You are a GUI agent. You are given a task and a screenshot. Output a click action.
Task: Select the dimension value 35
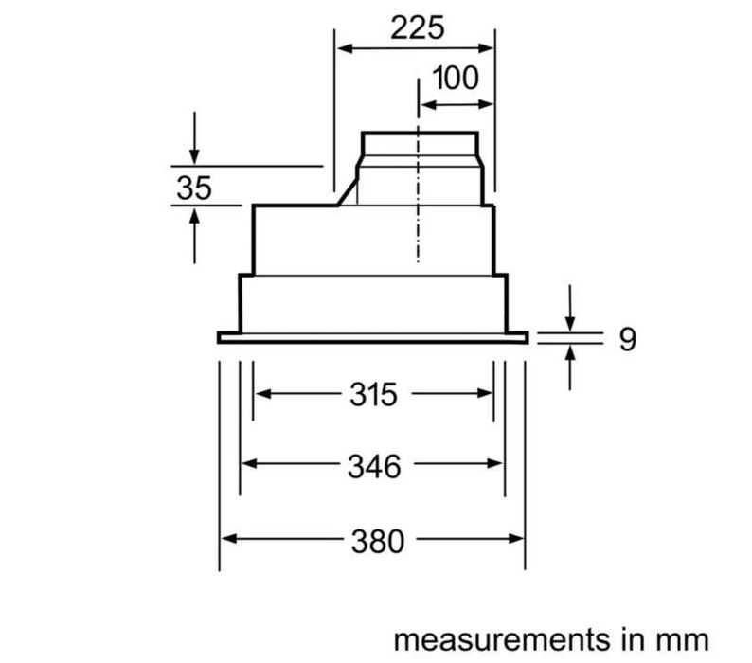point(194,188)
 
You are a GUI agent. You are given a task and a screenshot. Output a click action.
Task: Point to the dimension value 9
point(627,340)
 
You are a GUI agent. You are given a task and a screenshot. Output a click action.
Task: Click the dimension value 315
point(372,394)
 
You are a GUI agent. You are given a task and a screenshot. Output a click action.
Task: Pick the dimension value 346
point(372,465)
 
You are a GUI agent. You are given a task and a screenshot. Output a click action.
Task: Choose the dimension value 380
point(372,541)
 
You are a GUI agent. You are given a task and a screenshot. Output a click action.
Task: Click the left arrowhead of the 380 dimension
point(228,541)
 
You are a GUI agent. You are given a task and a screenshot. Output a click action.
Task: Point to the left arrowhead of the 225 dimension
point(344,47)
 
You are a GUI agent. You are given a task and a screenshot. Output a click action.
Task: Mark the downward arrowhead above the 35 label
point(194,156)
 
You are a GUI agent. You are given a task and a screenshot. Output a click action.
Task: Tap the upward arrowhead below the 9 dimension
point(570,353)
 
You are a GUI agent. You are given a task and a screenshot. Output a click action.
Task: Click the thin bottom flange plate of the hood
point(372,337)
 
